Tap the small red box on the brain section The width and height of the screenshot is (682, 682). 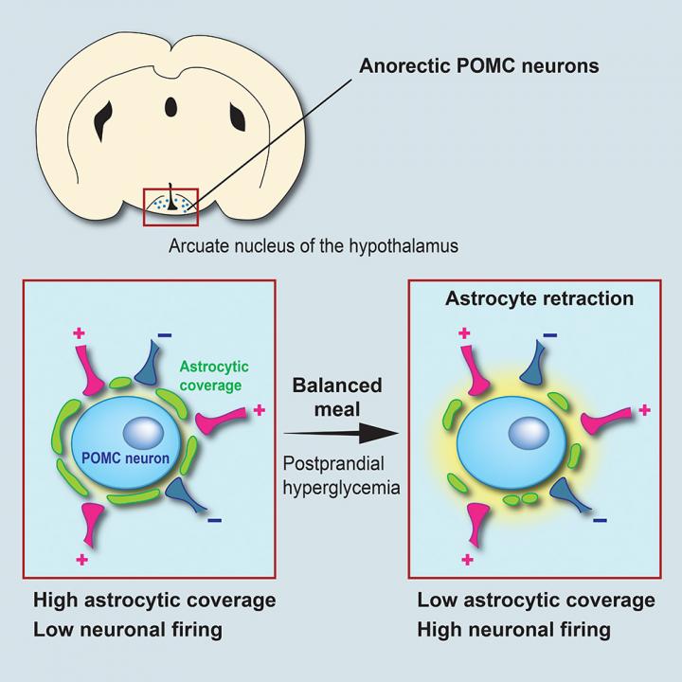[x=170, y=206]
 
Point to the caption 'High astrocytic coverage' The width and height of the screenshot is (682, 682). [x=154, y=601]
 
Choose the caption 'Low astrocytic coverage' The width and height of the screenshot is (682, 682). [x=536, y=601]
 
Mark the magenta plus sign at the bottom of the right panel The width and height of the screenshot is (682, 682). [x=467, y=560]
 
